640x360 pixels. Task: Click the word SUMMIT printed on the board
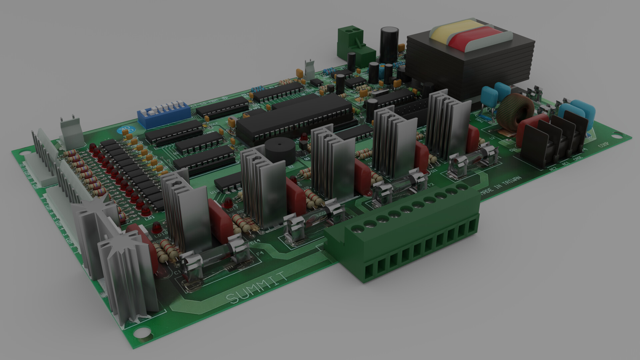coord(256,287)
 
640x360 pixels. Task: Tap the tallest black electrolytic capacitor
coord(389,45)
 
